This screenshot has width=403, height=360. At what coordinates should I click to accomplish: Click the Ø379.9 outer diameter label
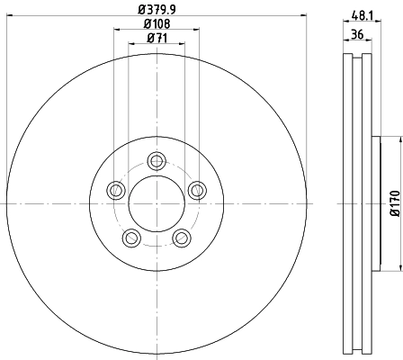157,10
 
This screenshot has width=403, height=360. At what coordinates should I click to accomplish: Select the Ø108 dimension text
157,24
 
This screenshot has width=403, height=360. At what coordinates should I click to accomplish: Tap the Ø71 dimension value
157,38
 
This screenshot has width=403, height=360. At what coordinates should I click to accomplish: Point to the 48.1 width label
363,15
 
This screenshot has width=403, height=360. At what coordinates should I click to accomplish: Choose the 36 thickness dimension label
357,34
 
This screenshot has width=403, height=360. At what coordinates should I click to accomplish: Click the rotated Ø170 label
395,203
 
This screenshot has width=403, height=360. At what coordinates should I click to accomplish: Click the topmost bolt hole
157,161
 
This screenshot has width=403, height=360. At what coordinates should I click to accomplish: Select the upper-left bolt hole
116,190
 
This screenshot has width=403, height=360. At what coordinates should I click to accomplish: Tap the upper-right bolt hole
197,190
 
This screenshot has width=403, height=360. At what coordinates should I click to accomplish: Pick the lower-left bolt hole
131,238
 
